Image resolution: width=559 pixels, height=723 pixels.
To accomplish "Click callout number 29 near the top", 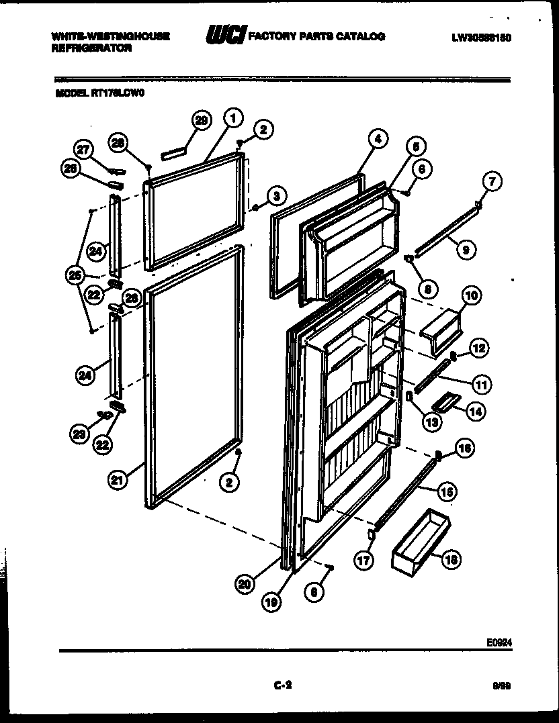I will (201, 121).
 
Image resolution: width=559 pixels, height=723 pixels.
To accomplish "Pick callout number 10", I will (470, 295).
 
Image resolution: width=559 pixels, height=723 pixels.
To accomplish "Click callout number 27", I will (82, 149).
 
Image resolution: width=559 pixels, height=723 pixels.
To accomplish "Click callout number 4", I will (377, 139).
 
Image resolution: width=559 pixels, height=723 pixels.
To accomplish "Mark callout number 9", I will (465, 250).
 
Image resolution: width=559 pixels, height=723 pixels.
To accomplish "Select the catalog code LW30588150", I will (482, 38).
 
